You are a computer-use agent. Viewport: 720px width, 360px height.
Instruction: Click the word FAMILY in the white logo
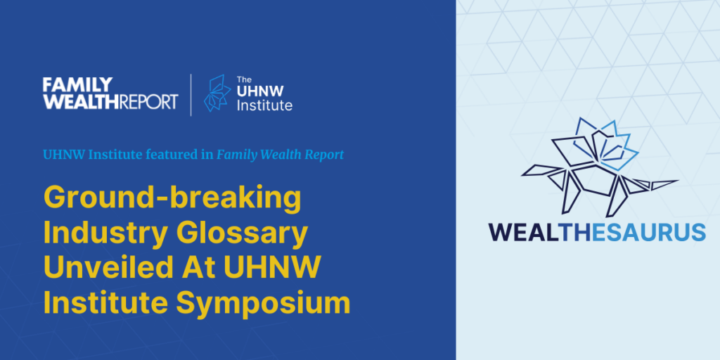[77, 84]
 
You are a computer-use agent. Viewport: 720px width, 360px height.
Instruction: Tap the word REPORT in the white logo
[148, 101]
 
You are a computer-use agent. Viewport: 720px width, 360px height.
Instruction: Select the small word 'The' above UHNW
[244, 79]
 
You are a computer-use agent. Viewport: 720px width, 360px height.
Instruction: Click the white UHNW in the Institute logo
[260, 91]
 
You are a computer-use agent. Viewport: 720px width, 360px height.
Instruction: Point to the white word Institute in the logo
[264, 105]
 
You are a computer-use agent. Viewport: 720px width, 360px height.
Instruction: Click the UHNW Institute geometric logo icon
[217, 94]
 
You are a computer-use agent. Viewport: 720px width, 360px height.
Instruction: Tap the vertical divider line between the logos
[191, 95]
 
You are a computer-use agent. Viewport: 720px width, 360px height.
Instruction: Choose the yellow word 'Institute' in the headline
[106, 303]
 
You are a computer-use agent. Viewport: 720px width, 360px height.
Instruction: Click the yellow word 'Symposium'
[263, 304]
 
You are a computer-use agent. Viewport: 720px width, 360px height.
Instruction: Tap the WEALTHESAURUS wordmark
[596, 232]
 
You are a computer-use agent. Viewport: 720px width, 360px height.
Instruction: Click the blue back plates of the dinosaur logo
[606, 142]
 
